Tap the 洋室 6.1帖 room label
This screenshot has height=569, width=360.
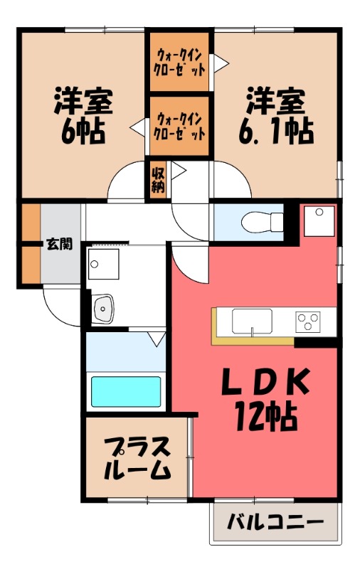[x=277, y=116]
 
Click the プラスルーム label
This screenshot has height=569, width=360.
[x=137, y=459]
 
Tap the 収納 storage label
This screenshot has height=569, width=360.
[x=157, y=179]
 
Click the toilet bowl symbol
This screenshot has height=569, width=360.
[x=255, y=223]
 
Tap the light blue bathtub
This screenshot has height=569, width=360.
[x=126, y=391]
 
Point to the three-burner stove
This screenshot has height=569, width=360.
[x=309, y=321]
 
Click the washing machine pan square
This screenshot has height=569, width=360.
[x=105, y=265]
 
